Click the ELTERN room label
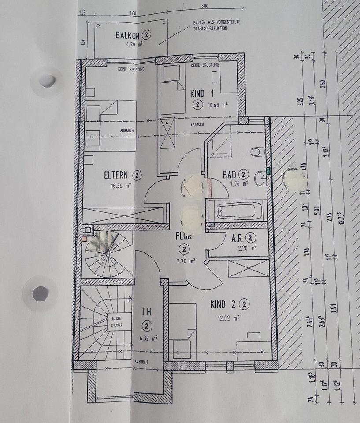[116, 175]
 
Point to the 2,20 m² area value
[247, 248]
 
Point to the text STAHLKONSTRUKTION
[209, 28]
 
